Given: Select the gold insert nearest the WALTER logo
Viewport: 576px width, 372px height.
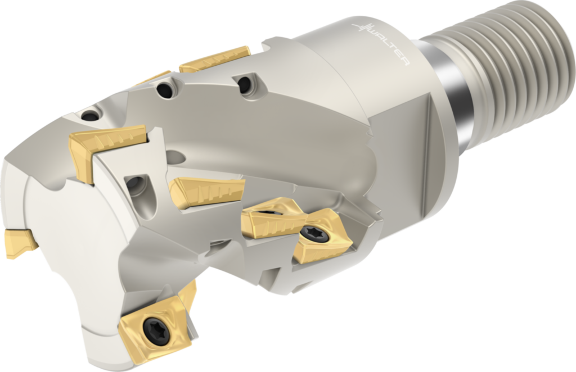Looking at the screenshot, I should click(215, 59).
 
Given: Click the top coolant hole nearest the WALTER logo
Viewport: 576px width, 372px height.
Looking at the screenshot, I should click(245, 85).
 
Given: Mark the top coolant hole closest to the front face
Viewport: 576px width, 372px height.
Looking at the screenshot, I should click(90, 116).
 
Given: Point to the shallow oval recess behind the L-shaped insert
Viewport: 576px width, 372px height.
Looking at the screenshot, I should click(175, 157).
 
